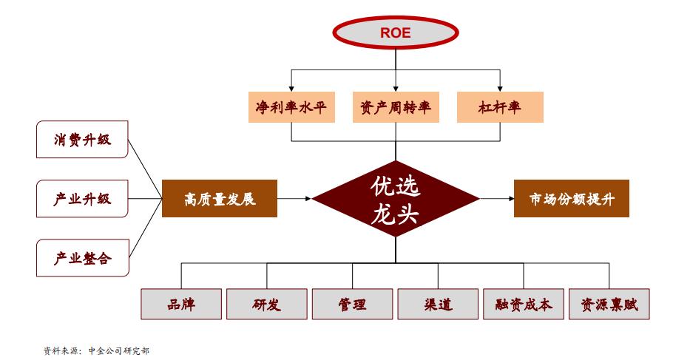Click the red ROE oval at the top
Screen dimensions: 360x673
tap(395, 33)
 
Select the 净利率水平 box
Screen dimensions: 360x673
tap(291, 107)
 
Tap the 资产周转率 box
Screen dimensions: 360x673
tap(395, 107)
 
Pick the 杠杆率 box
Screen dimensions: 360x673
tap(501, 107)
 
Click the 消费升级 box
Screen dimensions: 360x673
tap(82, 140)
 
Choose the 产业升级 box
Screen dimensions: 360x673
tap(82, 199)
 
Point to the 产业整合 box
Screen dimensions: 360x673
tap(82, 258)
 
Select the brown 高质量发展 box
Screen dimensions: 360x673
tap(220, 199)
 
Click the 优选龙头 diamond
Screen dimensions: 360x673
tap(395, 199)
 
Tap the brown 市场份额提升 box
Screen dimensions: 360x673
tap(571, 199)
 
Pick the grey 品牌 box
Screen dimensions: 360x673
tap(181, 304)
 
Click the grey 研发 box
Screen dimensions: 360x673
tap(266, 304)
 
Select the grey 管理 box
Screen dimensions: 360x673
tap(352, 304)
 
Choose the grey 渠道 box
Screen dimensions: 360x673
tap(439, 304)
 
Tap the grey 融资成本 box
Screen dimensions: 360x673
tap(524, 304)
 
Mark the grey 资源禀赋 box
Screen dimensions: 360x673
tap(609, 304)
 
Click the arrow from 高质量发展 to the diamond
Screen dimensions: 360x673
tap(295, 199)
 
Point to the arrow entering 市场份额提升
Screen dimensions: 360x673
tap(496, 199)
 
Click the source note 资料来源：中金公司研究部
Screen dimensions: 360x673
tap(96, 350)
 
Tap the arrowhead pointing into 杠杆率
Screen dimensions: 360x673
tap(501, 87)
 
